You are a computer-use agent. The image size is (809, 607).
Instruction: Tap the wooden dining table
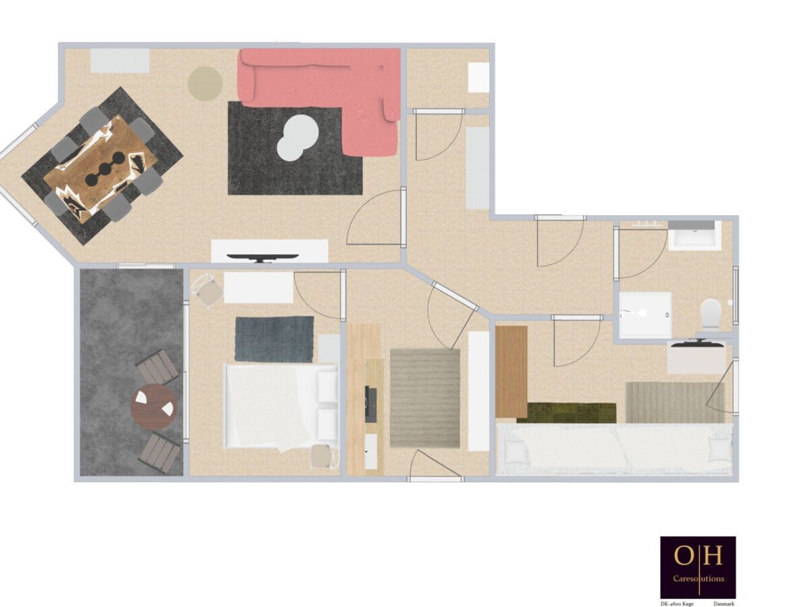101,169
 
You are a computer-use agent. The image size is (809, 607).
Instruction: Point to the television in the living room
263,258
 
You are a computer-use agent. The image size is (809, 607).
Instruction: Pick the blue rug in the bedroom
274,339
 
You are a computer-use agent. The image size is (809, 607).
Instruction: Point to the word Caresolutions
699,579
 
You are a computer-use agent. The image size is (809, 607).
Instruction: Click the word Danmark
724,604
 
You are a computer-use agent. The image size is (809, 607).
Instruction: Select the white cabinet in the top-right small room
479,78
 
